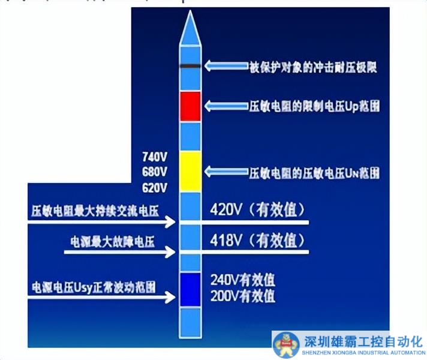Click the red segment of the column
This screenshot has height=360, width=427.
point(190,107)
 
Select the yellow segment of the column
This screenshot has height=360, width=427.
point(190,172)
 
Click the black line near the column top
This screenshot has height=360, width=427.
point(190,65)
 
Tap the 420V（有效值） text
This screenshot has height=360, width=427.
point(258,211)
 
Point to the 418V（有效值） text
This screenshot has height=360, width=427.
point(258,241)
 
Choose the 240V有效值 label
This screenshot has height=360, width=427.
point(242,280)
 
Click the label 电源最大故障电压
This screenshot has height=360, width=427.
point(113,242)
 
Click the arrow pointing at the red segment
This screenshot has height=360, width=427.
point(224,106)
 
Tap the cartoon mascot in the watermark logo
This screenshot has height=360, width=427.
point(286,345)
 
